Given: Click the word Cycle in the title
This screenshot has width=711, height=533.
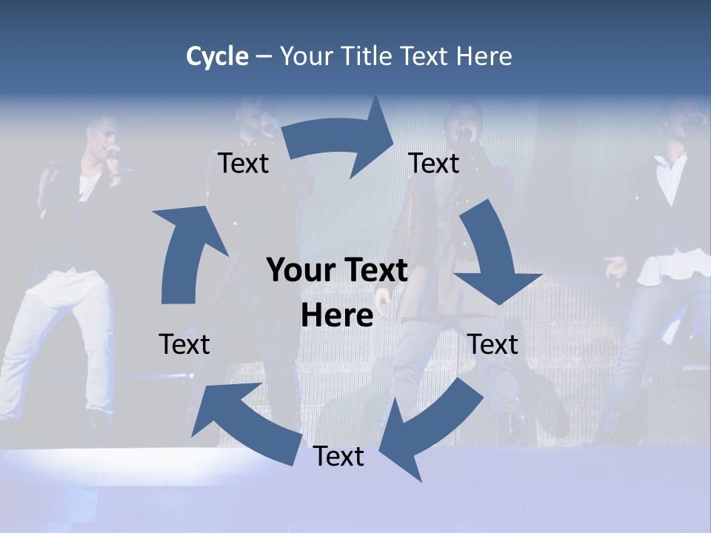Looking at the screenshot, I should (x=217, y=56).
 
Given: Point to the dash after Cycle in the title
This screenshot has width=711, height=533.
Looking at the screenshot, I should (x=264, y=57).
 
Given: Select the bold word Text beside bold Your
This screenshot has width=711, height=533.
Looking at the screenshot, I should (x=373, y=270).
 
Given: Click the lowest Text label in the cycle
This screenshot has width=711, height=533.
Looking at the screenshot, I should (x=338, y=457).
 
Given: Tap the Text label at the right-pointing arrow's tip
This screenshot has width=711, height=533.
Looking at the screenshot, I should (x=434, y=163).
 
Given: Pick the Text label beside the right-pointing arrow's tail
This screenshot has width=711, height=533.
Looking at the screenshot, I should (x=243, y=163).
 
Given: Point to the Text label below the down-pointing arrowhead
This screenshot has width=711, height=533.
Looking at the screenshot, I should (x=493, y=344).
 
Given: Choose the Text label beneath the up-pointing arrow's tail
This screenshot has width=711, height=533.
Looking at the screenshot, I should (x=184, y=344).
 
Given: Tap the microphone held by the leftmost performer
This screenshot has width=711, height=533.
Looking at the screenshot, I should (x=113, y=152).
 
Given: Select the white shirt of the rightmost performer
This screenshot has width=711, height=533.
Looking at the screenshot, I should (x=670, y=178).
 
